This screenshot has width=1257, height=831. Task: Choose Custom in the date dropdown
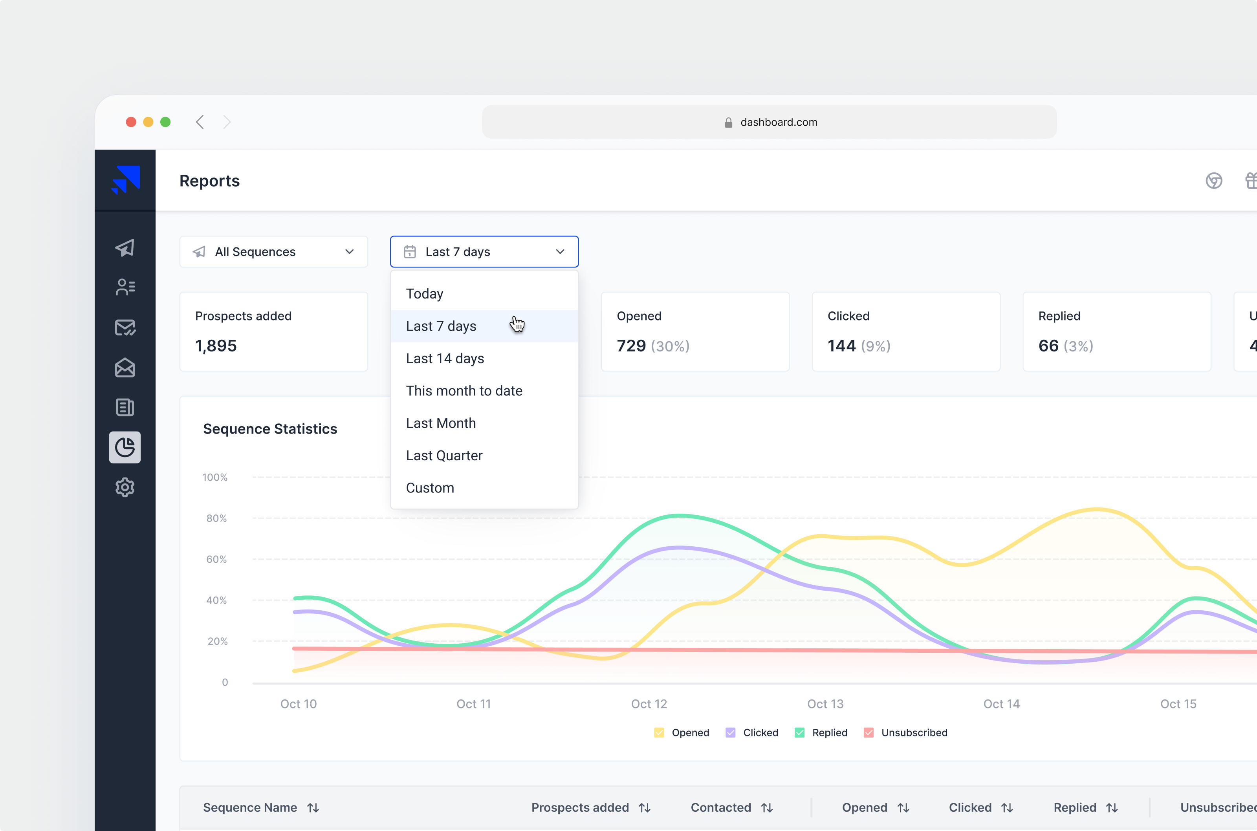[430, 488]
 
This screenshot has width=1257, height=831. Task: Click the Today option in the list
[425, 294]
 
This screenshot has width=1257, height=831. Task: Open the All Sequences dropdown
[273, 252]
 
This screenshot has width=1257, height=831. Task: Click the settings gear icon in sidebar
[125, 487]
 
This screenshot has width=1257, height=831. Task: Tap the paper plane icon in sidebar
[125, 247]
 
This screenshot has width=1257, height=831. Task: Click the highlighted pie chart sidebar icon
[125, 447]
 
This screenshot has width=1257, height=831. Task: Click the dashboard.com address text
[779, 123]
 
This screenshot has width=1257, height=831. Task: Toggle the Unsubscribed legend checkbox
[868, 732]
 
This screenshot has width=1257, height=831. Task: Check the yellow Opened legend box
[659, 732]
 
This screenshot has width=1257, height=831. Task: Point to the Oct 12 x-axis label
[649, 704]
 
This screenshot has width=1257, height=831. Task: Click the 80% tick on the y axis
[216, 518]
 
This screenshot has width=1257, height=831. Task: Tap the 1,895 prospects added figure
[216, 346]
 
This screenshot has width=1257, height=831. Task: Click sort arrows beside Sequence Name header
[313, 808]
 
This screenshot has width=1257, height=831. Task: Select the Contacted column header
[721, 808]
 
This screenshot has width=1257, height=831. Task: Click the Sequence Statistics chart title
[270, 429]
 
